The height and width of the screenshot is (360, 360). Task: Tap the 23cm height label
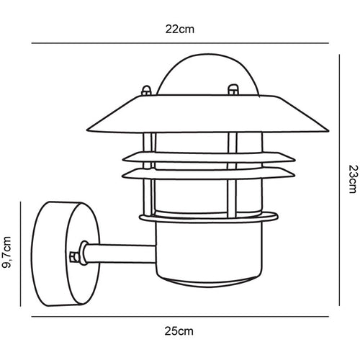pyautogui.click(x=352, y=179)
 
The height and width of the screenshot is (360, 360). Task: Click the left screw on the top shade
pyautogui.click(x=146, y=91)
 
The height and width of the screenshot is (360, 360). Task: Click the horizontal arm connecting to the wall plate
pyautogui.click(x=119, y=253)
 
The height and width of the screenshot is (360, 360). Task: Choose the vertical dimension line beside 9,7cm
pyautogui.click(x=21, y=252)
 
